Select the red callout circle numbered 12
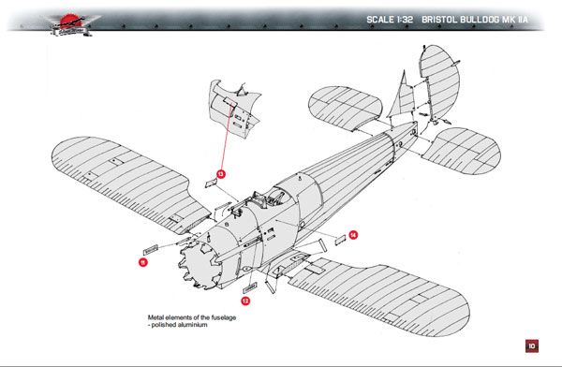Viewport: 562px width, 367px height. [x=245, y=301]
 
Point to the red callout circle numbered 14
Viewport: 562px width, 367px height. [x=352, y=234]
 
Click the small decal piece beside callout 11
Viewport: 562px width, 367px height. [x=151, y=250]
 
